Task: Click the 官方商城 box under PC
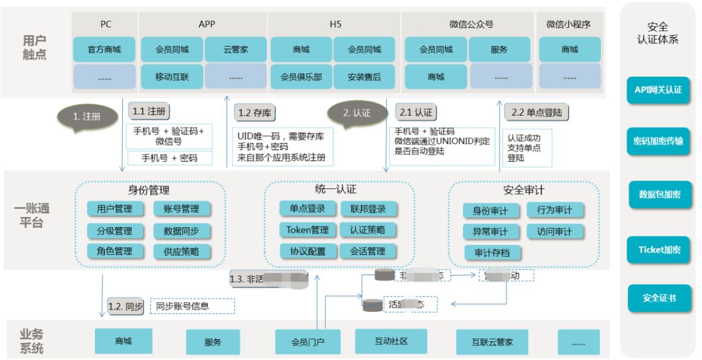pyautogui.click(x=105, y=49)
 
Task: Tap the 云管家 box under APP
pyautogui.click(x=235, y=49)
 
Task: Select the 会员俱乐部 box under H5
pyautogui.click(x=300, y=77)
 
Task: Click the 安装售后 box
pyautogui.click(x=364, y=77)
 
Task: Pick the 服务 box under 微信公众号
pyautogui.click(x=499, y=49)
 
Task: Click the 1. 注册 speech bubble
pyautogui.click(x=87, y=117)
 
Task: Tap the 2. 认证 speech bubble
pyautogui.click(x=357, y=112)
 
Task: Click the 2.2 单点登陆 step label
pyautogui.click(x=536, y=112)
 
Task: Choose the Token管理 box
pyautogui.click(x=307, y=230)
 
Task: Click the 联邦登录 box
pyautogui.click(x=368, y=209)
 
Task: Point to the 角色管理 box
pyautogui.click(x=114, y=251)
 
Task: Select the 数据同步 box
pyautogui.click(x=181, y=231)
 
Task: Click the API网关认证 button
pyautogui.click(x=658, y=90)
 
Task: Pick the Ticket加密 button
pyautogui.click(x=658, y=250)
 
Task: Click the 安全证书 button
pyautogui.click(x=658, y=298)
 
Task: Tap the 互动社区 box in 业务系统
pyautogui.click(x=391, y=341)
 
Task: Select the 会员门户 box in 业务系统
pyautogui.click(x=307, y=341)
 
